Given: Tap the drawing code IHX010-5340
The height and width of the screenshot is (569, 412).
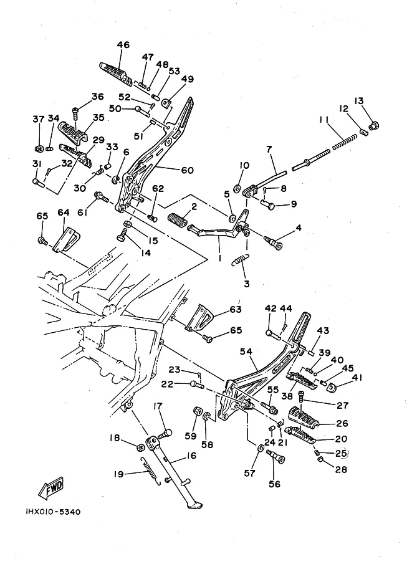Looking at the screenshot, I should [x=44, y=512].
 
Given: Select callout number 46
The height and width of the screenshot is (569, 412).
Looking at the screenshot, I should [x=123, y=45].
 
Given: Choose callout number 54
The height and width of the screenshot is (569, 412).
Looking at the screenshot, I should [x=247, y=352].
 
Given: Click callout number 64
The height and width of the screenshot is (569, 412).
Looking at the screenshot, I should [x=64, y=213].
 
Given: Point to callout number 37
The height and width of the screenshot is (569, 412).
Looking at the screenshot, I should [x=39, y=118].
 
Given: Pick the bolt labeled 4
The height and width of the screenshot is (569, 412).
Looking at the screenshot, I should [x=275, y=239].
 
